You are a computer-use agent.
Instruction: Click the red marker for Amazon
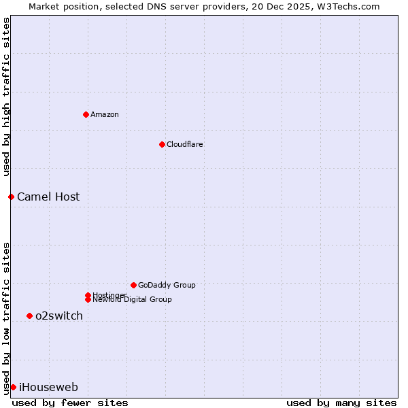coord(86,114)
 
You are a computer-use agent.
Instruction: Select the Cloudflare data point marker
coord(162,144)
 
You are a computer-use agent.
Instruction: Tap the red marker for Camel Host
coord(11,197)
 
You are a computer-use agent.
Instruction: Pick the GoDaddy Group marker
coord(133,285)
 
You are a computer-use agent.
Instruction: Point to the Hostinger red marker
coord(88,295)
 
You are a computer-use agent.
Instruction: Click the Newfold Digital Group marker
coord(88,299)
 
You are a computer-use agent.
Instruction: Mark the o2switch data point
coord(29,316)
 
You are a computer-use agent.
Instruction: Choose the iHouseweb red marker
coord(13,387)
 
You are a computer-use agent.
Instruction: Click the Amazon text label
coord(105,114)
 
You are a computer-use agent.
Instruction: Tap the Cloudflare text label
coord(185,144)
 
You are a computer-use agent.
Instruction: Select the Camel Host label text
coord(48,197)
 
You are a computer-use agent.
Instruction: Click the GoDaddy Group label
coord(167,285)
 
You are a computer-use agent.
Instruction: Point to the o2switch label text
coord(59,316)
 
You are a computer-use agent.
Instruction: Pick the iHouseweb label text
coord(48,387)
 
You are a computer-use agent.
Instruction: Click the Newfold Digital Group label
coord(132,300)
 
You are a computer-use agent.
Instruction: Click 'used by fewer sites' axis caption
coord(70,403)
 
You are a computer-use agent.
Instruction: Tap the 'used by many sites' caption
coord(341,403)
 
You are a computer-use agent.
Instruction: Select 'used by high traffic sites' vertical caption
coord(6,97)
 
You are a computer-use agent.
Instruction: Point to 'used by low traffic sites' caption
coord(6,318)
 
